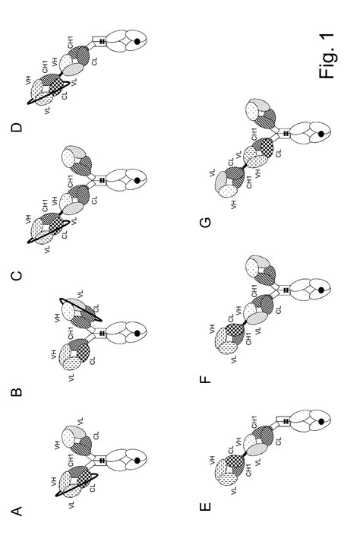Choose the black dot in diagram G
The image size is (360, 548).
tap(322, 134)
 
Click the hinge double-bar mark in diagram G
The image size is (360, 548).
tap(286, 134)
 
